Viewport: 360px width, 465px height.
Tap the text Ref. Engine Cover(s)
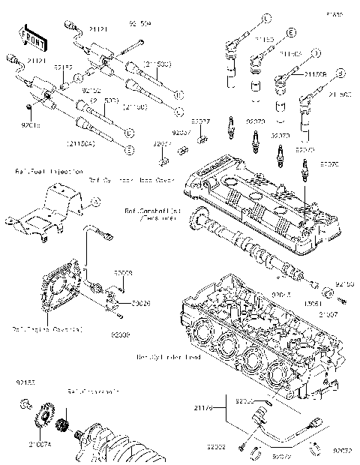(37, 328)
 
